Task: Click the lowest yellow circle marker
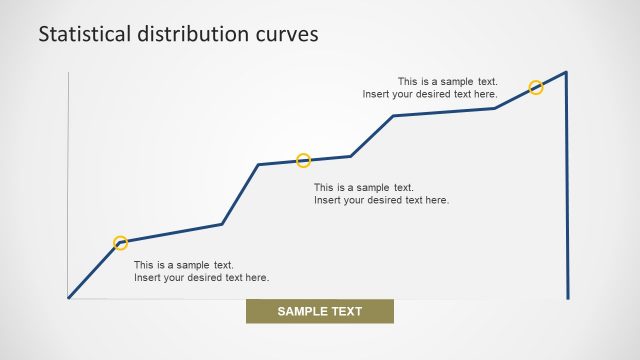[121, 243]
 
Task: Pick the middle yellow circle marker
[304, 161]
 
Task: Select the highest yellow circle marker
[536, 88]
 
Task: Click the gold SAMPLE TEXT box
[320, 311]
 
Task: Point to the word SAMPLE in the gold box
[304, 311]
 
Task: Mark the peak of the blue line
[566, 72]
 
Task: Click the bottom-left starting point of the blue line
[69, 297]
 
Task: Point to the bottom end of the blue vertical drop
[568, 297]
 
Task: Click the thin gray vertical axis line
[68, 180]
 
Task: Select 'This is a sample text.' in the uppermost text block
[448, 82]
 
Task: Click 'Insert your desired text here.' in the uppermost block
[430, 94]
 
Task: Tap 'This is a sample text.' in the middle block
[364, 187]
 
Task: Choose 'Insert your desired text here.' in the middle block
[381, 200]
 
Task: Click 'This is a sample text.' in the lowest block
[184, 265]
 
